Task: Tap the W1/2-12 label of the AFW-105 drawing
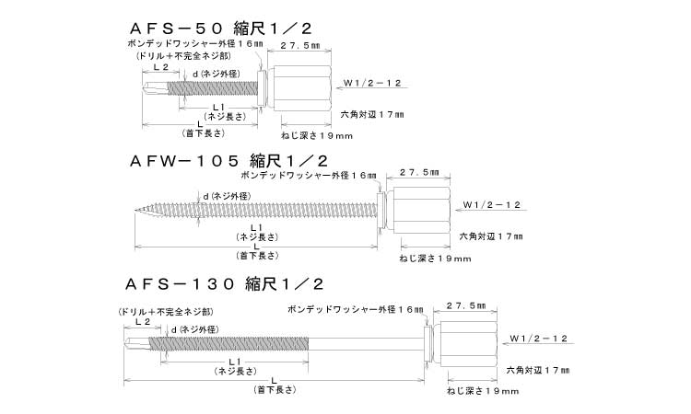(492, 203)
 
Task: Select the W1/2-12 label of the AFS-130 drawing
(541, 339)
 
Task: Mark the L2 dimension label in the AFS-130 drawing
(142, 323)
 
